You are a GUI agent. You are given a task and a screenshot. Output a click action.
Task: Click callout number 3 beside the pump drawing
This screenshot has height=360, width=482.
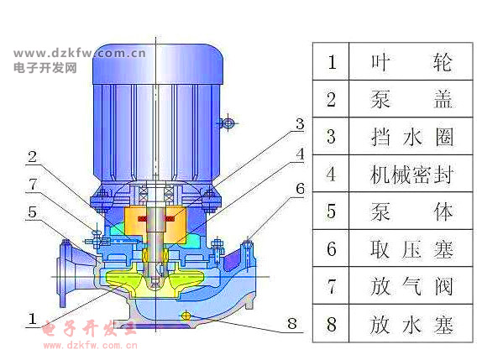[300, 124]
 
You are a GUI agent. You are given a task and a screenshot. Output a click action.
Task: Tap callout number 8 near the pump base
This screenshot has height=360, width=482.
[292, 323]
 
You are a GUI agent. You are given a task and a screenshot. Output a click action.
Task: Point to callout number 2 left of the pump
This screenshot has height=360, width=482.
[32, 157]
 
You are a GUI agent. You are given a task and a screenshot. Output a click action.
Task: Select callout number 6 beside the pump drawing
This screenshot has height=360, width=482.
[300, 188]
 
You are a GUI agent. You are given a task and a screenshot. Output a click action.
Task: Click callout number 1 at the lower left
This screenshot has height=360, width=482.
[33, 319]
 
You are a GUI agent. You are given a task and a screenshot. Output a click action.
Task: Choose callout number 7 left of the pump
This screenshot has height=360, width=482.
[33, 185]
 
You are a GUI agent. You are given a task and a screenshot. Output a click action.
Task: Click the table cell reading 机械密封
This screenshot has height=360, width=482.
[411, 174]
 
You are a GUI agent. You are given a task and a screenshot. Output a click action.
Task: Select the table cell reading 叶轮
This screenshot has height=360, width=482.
[411, 62]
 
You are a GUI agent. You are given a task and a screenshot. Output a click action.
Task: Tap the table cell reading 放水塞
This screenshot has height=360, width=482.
[411, 324]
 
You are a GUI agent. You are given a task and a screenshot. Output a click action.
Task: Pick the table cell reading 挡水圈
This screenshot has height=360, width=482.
[411, 137]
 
